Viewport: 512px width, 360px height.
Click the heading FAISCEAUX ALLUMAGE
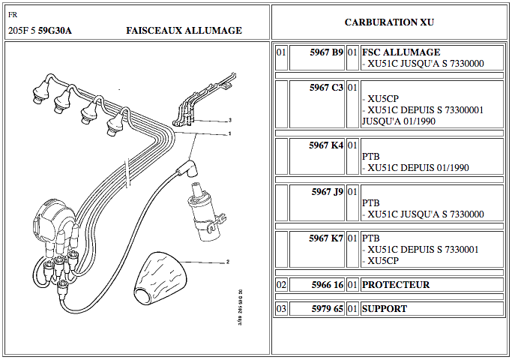click(x=184, y=31)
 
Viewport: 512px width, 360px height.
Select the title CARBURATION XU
click(x=389, y=22)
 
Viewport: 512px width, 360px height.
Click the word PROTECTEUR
click(x=396, y=285)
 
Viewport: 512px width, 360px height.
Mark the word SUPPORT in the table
click(x=385, y=308)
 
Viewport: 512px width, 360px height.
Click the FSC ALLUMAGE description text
click(x=401, y=52)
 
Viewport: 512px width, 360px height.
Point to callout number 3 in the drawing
click(x=230, y=120)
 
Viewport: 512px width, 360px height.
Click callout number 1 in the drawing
click(x=229, y=134)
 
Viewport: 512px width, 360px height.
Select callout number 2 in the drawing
click(x=226, y=262)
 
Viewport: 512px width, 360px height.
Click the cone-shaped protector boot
click(x=161, y=274)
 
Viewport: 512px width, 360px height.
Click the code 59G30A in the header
click(x=57, y=31)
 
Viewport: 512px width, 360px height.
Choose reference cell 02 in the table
click(x=281, y=285)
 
